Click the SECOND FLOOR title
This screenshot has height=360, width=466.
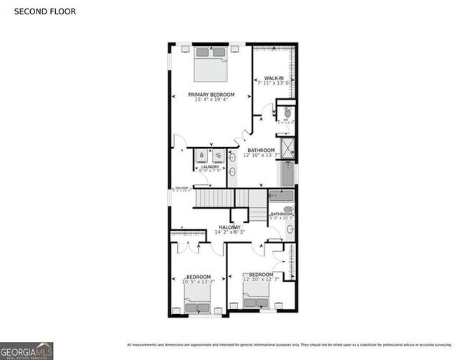(x=44, y=11)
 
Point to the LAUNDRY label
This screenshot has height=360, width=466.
(x=209, y=166)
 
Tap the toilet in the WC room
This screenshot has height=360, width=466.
(x=287, y=113)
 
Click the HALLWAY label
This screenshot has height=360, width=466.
(x=230, y=227)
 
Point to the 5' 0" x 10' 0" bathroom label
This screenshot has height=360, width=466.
(x=282, y=216)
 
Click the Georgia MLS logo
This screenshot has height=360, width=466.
(x=27, y=350)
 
